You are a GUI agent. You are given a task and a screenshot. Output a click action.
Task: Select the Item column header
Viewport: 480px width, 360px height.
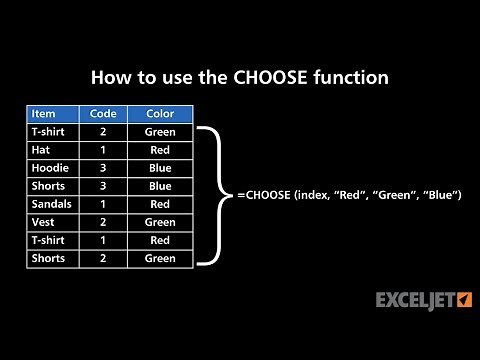click(44, 113)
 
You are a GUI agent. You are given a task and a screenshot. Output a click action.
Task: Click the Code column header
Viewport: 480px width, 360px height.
click(104, 113)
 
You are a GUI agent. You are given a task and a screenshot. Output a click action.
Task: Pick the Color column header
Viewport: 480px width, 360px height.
click(160, 113)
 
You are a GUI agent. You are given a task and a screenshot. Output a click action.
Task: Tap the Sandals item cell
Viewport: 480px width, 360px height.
click(51, 204)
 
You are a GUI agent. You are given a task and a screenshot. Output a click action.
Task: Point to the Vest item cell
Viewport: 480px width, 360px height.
click(42, 222)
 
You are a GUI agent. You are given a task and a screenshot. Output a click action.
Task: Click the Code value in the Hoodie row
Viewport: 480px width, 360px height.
click(104, 168)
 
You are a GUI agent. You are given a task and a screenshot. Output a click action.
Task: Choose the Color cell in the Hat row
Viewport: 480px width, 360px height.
click(160, 150)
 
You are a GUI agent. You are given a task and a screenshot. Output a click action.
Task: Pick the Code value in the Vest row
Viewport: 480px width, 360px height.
click(104, 222)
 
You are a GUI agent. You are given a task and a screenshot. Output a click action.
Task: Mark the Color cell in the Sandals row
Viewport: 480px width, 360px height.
click(160, 204)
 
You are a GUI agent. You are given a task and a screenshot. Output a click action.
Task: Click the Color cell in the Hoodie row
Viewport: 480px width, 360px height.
click(160, 168)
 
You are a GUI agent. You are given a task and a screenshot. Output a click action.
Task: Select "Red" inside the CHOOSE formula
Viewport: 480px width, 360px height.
click(355, 195)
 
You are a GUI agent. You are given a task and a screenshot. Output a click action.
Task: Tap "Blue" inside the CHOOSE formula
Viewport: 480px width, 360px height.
click(441, 195)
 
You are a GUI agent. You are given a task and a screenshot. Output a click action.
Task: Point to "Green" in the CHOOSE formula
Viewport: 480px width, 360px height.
click(398, 195)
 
